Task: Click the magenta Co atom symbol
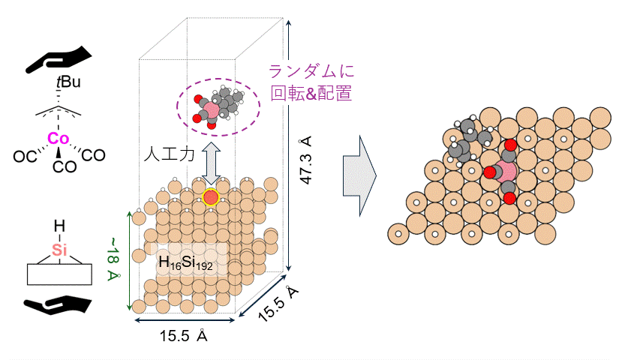tap(58, 139)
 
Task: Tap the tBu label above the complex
tap(68, 82)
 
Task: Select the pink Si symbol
tap(59, 250)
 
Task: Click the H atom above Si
tap(59, 226)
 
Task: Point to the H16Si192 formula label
tap(185, 263)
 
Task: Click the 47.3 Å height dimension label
tap(306, 160)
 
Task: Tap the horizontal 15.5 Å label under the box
tap(183, 335)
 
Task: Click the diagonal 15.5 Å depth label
tap(278, 304)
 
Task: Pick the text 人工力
tap(170, 154)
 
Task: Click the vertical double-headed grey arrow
tap(211, 163)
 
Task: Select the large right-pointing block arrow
tap(359, 175)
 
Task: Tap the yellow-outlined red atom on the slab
tap(211, 197)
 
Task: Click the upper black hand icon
tap(59, 59)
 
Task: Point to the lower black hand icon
tap(58, 305)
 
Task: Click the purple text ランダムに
tap(311, 71)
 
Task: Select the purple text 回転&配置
tap(311, 94)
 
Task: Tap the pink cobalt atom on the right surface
tap(506, 172)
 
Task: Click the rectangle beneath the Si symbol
tap(59, 274)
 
